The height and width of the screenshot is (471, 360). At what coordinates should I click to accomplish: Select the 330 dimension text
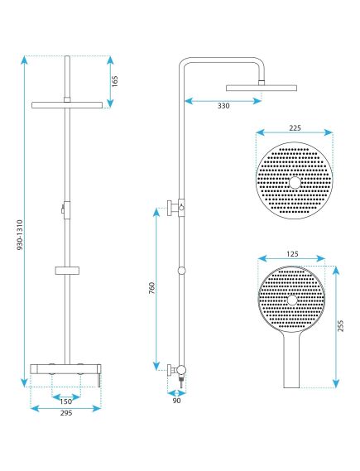[x=224, y=106]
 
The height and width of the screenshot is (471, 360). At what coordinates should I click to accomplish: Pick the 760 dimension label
[x=150, y=291]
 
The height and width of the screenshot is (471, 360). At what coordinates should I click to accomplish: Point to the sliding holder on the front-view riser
[x=66, y=271]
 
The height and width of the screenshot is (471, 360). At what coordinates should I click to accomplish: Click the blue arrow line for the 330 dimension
[x=223, y=99]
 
